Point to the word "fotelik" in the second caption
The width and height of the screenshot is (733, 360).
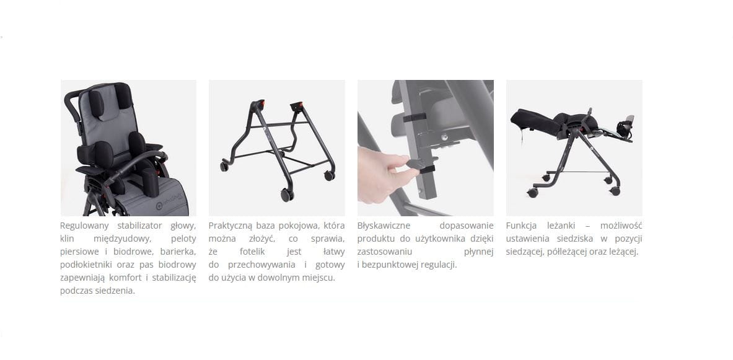tap(252, 252)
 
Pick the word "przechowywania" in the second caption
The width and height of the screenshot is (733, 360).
tap(261, 265)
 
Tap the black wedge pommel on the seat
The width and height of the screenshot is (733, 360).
tap(151, 182)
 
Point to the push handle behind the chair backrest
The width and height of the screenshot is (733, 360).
tap(73, 108)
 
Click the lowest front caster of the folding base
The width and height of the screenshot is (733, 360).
tap(286, 195)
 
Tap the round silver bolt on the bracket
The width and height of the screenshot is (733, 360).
tap(444, 136)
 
